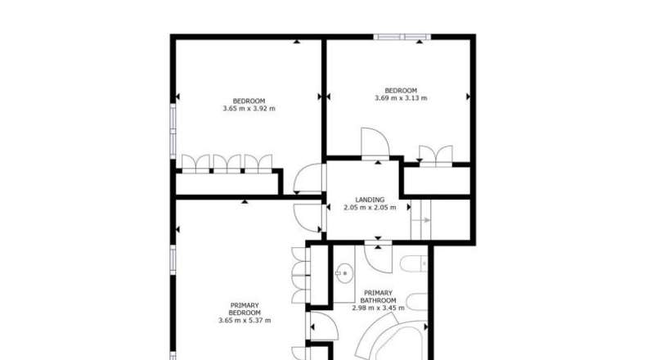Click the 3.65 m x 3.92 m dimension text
click(x=249, y=109)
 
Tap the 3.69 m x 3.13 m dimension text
click(x=401, y=98)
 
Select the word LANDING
click(x=370, y=200)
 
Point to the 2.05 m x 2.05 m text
click(x=370, y=208)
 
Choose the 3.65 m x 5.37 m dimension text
click(x=244, y=321)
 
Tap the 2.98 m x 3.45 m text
click(x=379, y=308)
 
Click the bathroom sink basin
click(x=343, y=273)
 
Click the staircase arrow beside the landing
click(x=421, y=220)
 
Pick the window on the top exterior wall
click(x=402, y=37)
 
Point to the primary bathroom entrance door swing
click(x=379, y=259)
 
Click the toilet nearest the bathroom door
click(x=414, y=263)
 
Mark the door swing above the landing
click(x=375, y=142)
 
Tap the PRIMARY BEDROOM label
click(x=244, y=309)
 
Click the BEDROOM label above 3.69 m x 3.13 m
click(x=401, y=91)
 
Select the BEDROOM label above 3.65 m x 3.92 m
click(x=249, y=101)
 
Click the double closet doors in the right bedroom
click(x=436, y=155)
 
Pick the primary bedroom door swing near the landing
click(x=307, y=218)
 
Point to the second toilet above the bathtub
click(x=417, y=302)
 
